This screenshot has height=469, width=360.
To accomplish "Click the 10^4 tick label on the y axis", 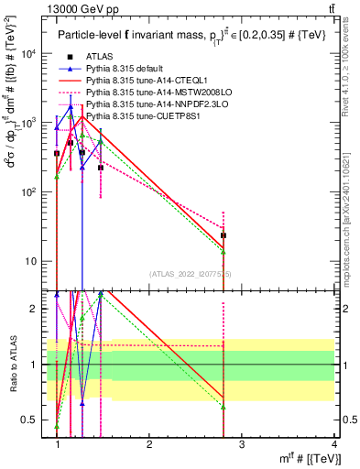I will [32, 53].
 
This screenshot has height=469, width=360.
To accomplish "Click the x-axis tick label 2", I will [149, 445].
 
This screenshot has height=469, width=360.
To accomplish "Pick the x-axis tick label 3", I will [242, 445].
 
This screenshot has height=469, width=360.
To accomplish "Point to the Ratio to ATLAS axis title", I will [12, 365].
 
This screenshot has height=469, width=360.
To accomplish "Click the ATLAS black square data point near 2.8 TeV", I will [224, 235].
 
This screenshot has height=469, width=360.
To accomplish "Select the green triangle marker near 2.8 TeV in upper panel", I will [224, 252].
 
